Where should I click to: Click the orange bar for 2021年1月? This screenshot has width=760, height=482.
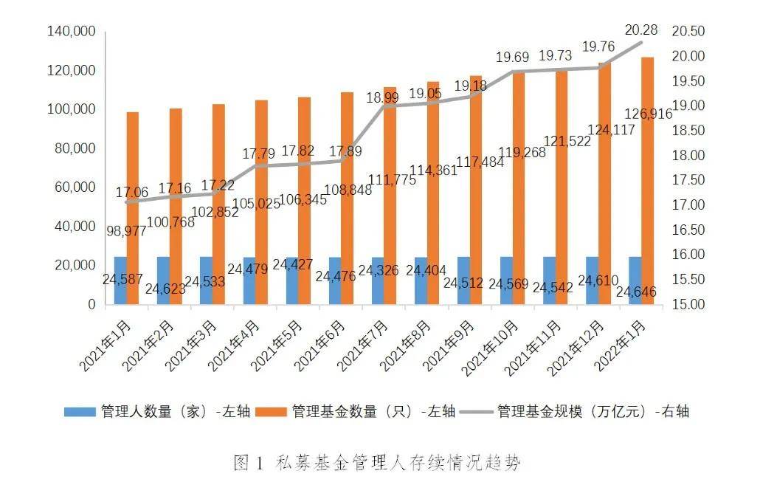tap(133, 162)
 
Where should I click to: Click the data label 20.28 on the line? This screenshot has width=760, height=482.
tap(640, 30)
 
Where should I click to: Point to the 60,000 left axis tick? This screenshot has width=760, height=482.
tap(77, 187)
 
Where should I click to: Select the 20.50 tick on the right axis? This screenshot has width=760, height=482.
tap(688, 31)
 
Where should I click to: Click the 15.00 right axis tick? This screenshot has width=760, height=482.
tap(688, 304)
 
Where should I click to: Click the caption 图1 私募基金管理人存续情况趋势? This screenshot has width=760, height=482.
tap(377, 463)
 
